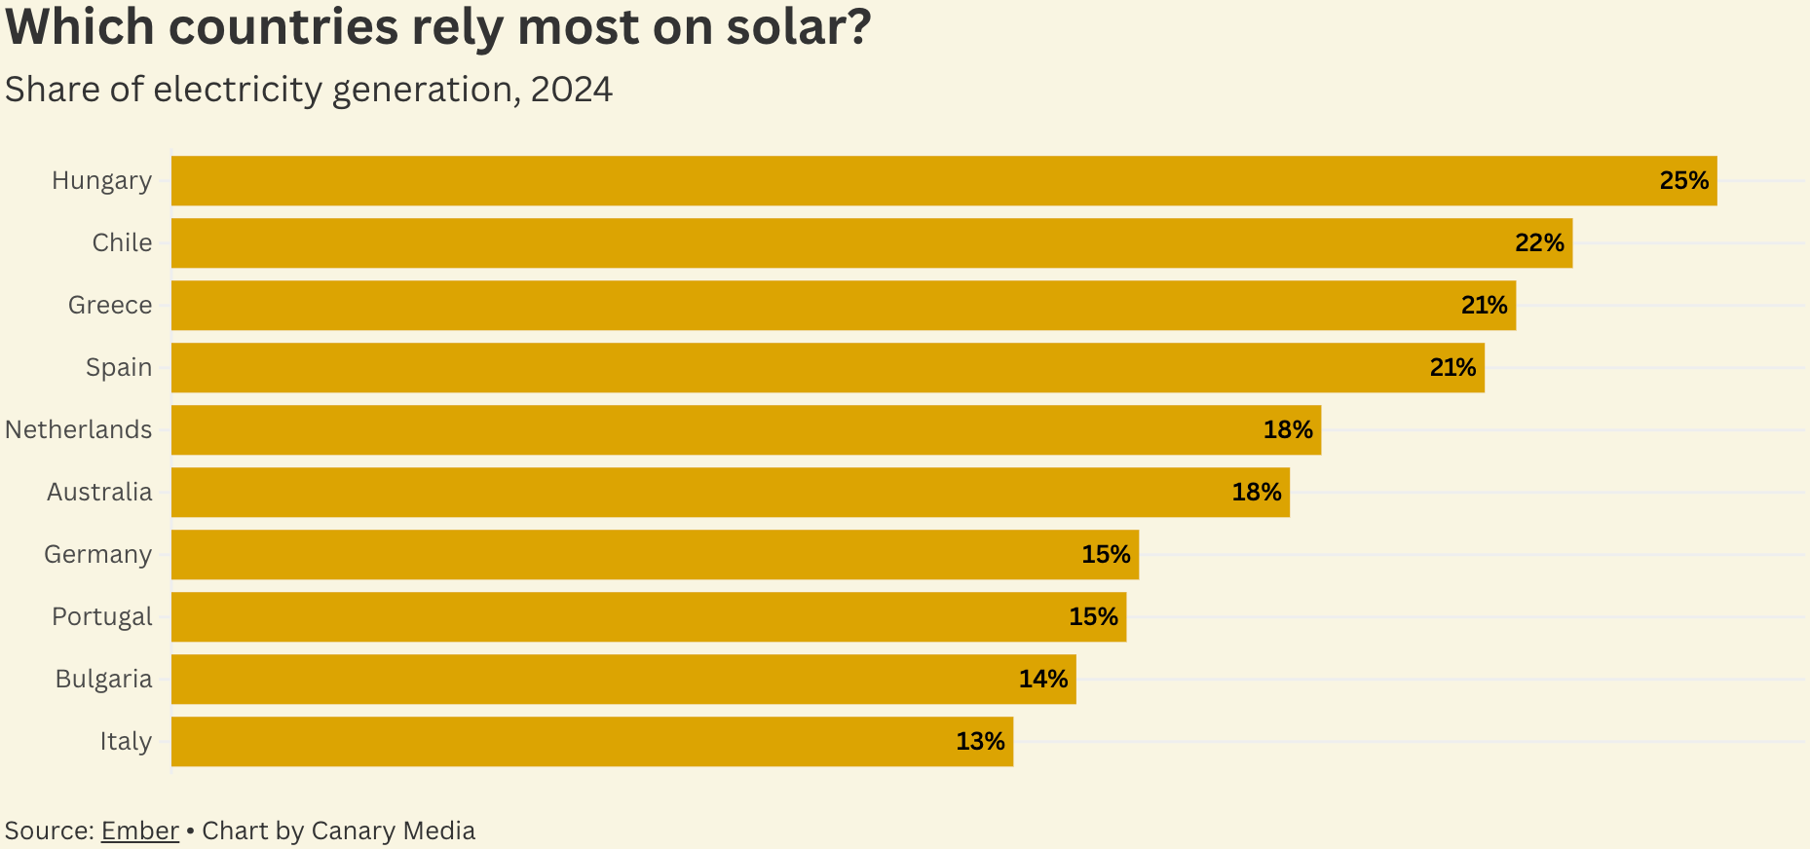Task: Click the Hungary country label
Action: coord(101,181)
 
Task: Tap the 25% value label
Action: coord(1683,181)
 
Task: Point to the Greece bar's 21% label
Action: coord(1484,306)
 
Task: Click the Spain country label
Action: coord(119,368)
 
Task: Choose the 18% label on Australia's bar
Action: coord(1256,493)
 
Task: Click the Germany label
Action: coord(97,555)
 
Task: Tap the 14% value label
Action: coord(1042,680)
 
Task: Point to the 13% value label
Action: coord(979,742)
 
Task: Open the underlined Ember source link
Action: coord(139,831)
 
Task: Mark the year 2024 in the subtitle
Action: coord(571,90)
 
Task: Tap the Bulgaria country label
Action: coord(103,680)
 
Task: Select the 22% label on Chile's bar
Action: coord(1538,243)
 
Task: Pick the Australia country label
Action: coord(99,493)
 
